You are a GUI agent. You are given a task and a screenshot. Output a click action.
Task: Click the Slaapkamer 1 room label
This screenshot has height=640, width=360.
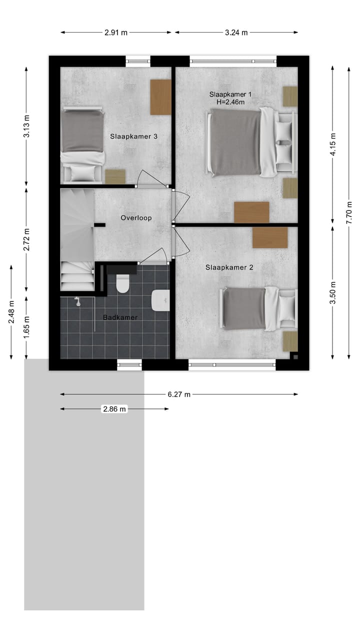point(230,94)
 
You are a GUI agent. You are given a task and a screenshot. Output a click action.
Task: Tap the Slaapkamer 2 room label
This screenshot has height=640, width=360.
point(229,267)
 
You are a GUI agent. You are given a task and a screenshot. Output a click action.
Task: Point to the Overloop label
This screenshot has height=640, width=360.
point(136,218)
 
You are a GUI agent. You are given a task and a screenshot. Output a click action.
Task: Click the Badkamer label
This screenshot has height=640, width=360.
point(120,317)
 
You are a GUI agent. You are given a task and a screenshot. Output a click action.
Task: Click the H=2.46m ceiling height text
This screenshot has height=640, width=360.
point(230,102)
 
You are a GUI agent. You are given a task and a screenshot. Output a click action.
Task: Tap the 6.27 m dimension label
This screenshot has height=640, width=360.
point(179,394)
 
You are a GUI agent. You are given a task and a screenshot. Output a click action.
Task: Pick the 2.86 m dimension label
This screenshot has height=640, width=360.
point(114,409)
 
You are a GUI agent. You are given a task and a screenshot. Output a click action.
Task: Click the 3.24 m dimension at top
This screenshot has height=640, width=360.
point(236,32)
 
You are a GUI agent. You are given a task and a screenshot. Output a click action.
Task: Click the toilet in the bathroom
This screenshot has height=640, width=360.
point(122,283)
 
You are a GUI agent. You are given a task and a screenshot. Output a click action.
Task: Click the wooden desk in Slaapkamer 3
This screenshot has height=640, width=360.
point(160,97)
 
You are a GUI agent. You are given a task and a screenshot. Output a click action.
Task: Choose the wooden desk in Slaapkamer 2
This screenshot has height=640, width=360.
point(270,237)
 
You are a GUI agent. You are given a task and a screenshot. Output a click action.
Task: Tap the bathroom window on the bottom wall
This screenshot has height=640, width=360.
point(130,365)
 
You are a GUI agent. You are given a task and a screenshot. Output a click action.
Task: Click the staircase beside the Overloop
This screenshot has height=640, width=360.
point(77,240)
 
